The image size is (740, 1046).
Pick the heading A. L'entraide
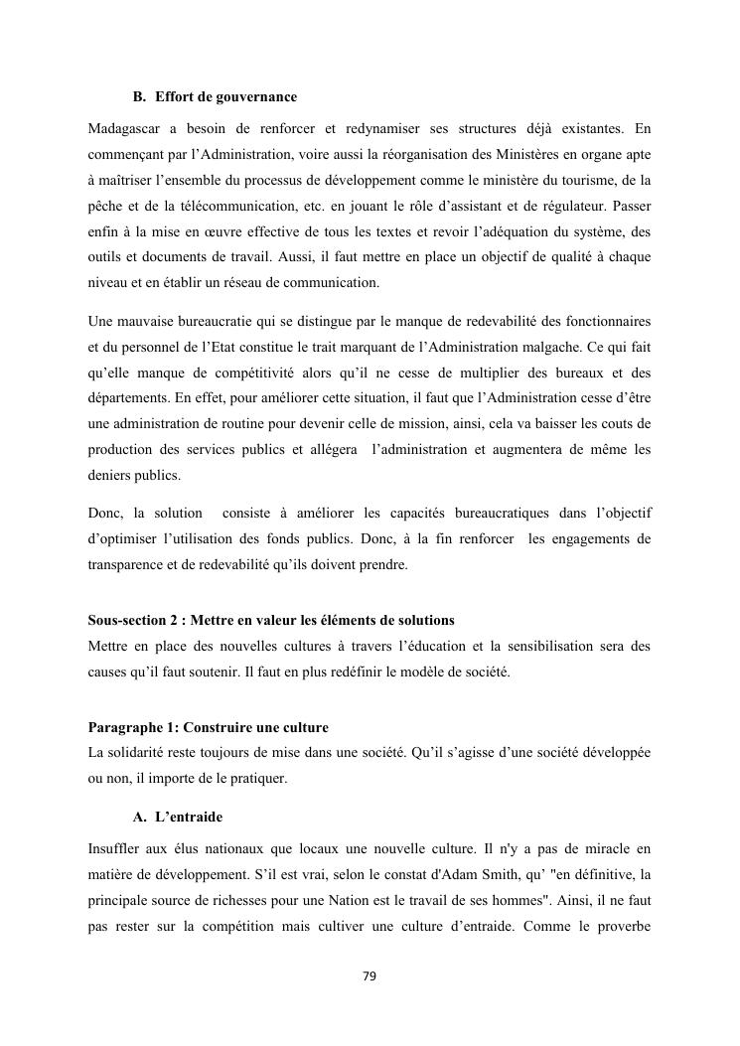(178, 818)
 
